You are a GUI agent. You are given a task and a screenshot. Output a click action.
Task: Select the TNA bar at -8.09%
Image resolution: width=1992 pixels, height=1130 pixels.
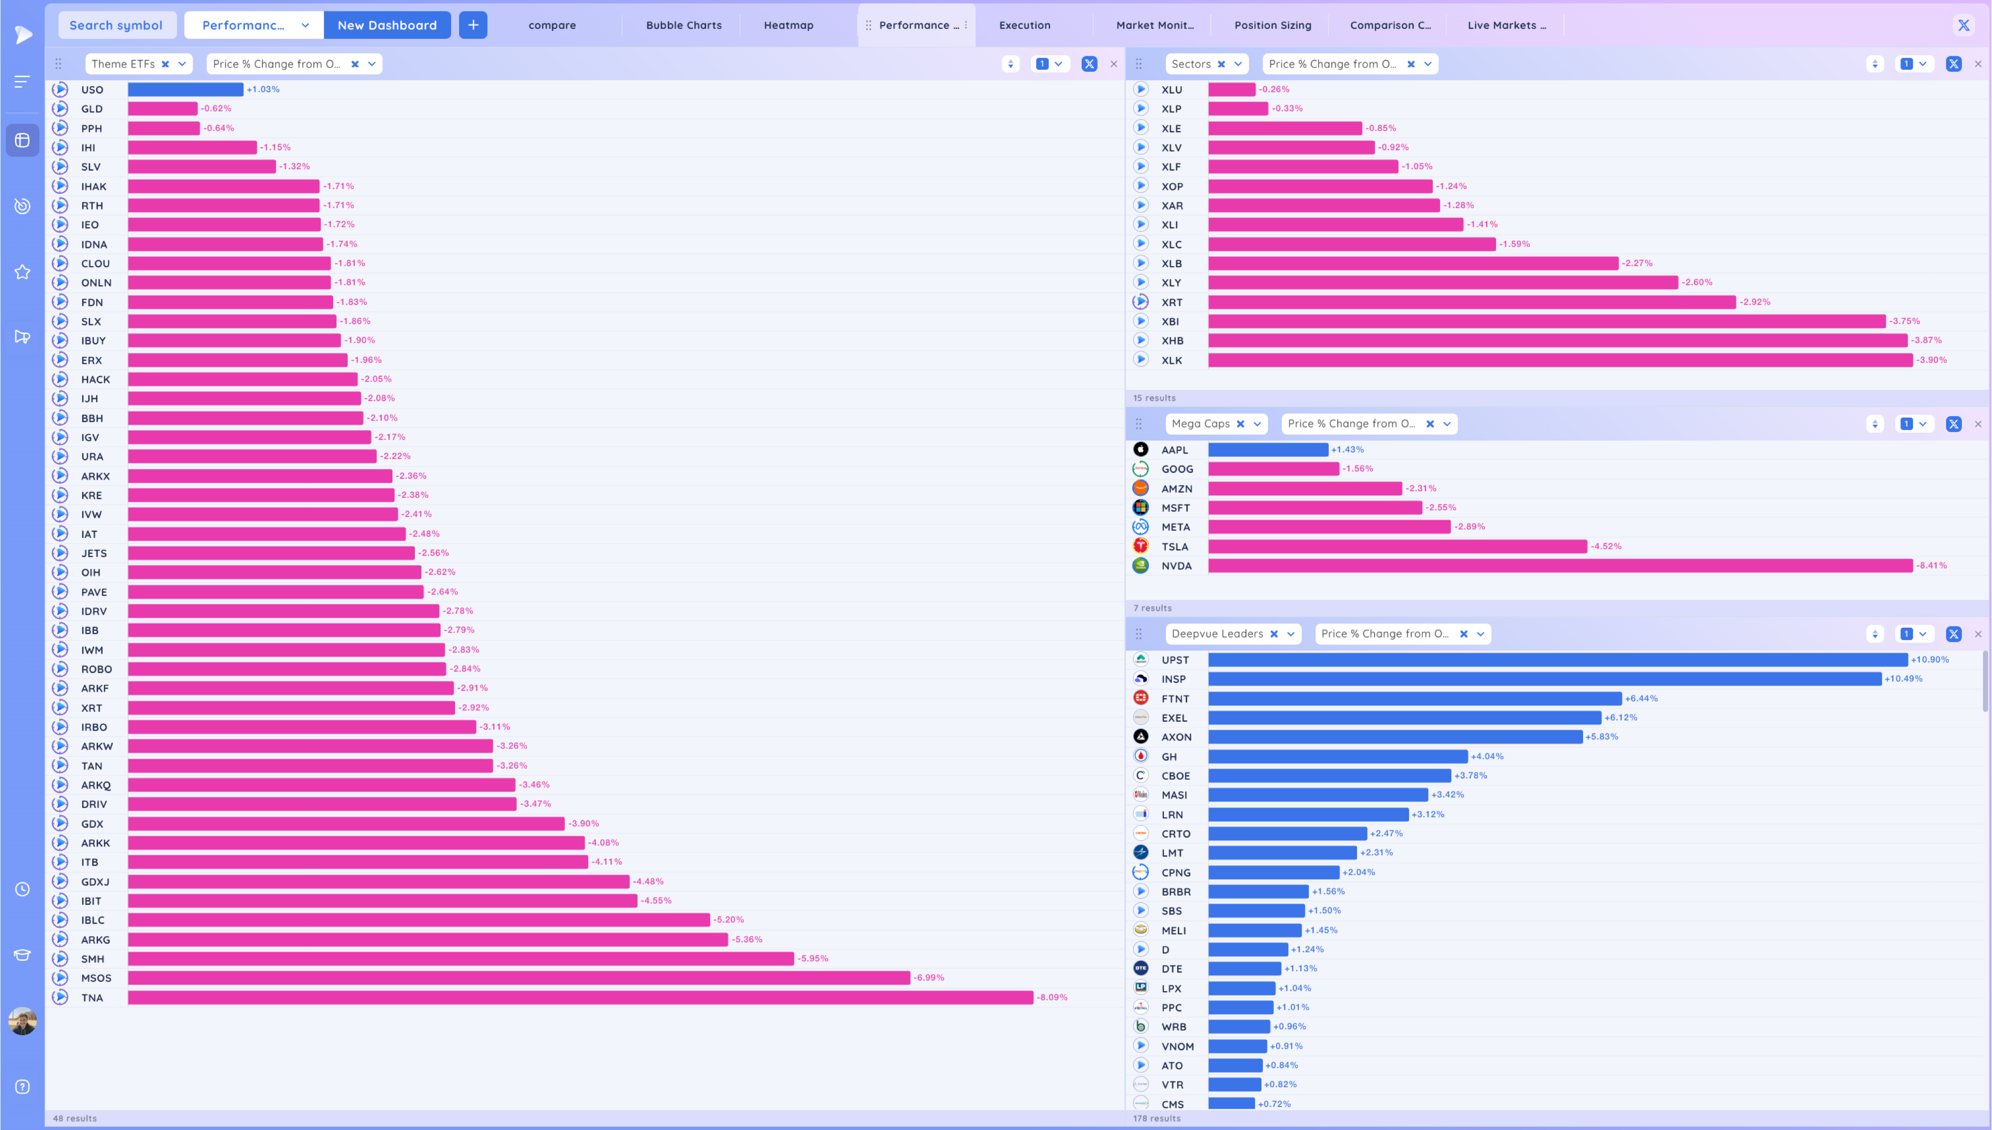[x=580, y=997]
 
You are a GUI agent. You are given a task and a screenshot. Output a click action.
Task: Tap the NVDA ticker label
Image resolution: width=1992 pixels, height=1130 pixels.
[x=1176, y=566]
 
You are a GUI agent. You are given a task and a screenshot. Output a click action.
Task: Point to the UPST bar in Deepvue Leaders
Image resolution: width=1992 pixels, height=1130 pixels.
[x=1557, y=660]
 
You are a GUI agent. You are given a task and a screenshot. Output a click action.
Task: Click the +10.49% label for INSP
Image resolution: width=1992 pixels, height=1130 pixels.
[x=1903, y=679]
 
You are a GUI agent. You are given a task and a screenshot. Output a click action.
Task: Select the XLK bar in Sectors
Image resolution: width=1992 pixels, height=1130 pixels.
[x=1560, y=360]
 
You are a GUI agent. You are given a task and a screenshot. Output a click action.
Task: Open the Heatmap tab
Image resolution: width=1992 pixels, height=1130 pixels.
[x=788, y=25]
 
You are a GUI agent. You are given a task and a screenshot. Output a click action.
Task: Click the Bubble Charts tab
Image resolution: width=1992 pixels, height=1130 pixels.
[x=683, y=25]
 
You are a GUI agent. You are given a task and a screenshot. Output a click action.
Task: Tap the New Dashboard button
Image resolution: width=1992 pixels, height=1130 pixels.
[x=386, y=25]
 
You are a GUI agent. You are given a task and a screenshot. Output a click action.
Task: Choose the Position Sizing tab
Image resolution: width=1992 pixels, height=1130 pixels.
[x=1272, y=25]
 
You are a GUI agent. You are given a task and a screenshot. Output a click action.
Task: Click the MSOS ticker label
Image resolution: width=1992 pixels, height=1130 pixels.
[x=96, y=978]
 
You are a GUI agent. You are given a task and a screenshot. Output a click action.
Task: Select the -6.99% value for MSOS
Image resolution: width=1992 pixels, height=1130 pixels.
[x=928, y=978]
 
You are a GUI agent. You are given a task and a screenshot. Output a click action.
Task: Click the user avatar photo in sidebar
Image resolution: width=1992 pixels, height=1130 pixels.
[x=22, y=1020]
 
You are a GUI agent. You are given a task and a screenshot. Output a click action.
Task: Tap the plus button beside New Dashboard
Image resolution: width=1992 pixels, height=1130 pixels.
[x=473, y=25]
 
